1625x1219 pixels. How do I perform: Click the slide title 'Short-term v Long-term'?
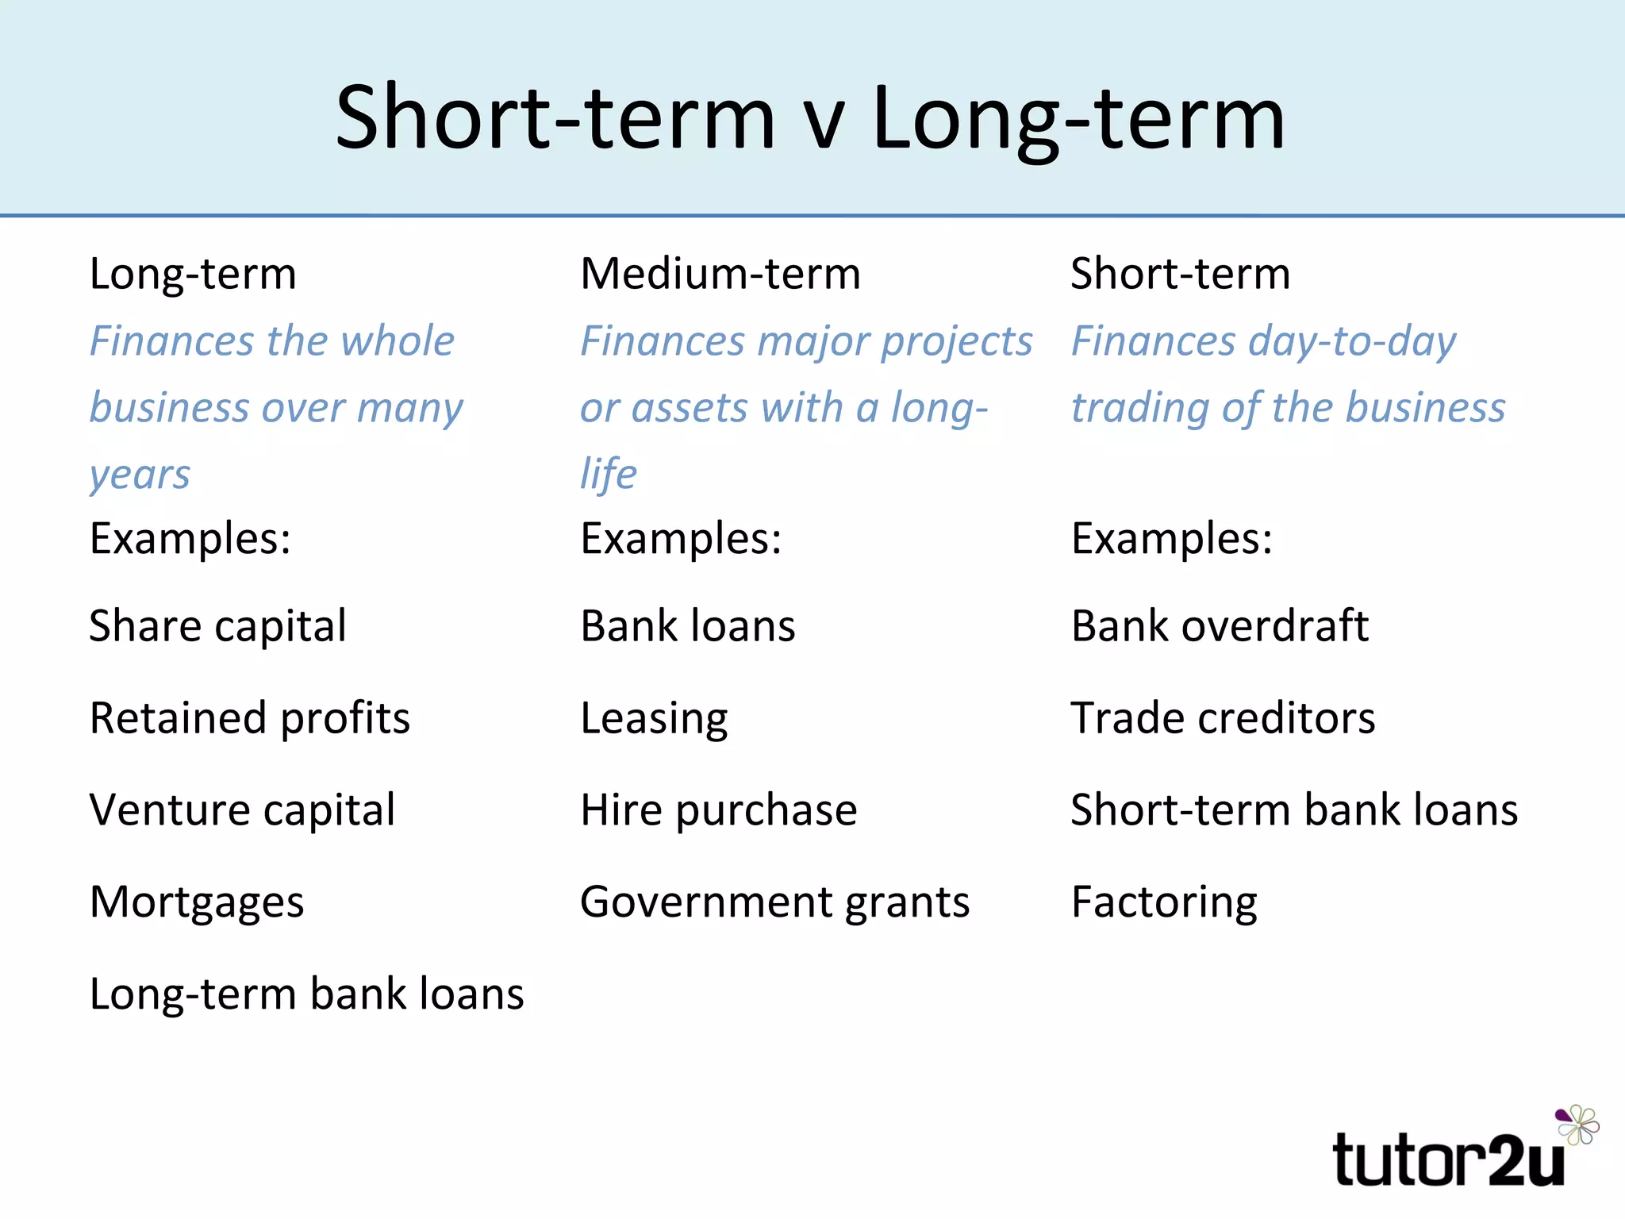(809, 119)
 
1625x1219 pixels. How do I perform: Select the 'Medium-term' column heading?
(720, 274)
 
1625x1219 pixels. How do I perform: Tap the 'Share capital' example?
(217, 626)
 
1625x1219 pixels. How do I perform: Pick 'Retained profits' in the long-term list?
(249, 718)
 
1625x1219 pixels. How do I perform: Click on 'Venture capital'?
(242, 810)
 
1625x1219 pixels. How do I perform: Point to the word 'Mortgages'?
(197, 902)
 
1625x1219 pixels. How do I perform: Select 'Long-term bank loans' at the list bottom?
(306, 994)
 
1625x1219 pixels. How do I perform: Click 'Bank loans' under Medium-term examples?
(687, 626)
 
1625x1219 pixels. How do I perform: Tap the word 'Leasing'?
(654, 718)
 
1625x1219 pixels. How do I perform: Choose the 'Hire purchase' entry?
(718, 810)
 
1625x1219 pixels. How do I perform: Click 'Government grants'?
(774, 902)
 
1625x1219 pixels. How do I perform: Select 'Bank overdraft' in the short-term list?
(1220, 626)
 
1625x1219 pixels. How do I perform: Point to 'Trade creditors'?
(1223, 718)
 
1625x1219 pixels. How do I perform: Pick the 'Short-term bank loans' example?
(1294, 810)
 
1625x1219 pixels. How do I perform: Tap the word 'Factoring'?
(1164, 902)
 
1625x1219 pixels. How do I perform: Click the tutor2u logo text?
(1448, 1161)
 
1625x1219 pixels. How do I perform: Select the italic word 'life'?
(608, 474)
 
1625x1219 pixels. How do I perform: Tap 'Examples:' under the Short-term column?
(1171, 539)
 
